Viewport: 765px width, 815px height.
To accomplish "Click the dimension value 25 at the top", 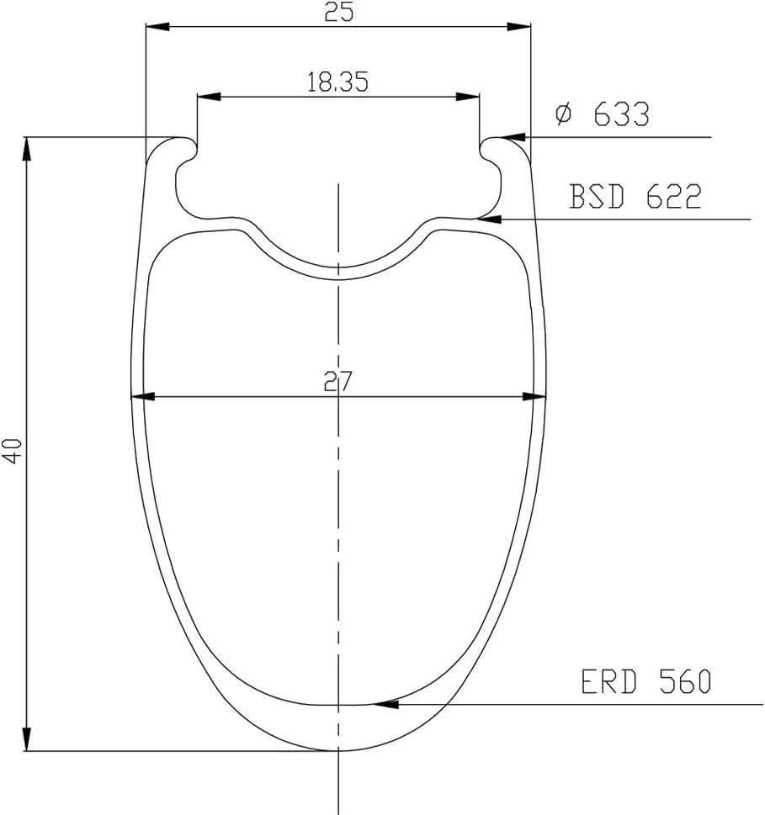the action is [338, 12].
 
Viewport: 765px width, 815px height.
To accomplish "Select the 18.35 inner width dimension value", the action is [338, 82].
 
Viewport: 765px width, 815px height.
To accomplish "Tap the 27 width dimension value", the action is [338, 381].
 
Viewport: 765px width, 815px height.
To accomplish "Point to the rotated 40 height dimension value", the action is [13, 451].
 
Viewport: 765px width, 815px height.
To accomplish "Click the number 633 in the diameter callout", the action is [622, 114].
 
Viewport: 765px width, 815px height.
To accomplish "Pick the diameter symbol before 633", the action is [563, 114].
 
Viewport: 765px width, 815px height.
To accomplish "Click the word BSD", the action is [597, 197].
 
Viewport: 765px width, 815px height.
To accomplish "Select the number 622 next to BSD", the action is [674, 197].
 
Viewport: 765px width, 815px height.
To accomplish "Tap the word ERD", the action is [608, 682].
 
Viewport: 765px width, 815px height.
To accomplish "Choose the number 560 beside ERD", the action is [685, 682].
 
